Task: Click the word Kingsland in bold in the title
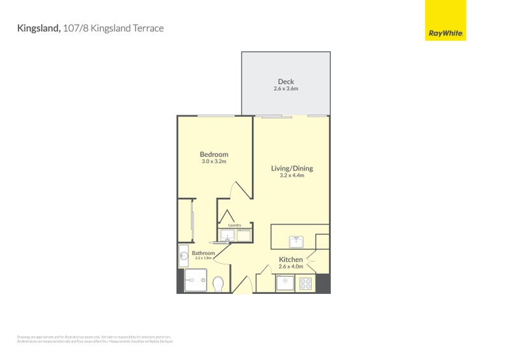[39, 28]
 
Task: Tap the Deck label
[286, 81]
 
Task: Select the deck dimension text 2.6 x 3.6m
[286, 88]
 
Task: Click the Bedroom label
[214, 155]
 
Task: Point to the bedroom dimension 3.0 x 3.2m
[214, 162]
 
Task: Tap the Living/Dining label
[292, 169]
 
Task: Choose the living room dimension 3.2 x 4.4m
[292, 176]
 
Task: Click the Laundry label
[234, 225]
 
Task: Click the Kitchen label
[291, 260]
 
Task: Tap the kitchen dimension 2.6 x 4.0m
[291, 267]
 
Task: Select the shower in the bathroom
[195, 280]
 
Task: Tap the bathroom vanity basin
[183, 256]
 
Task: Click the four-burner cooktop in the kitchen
[306, 283]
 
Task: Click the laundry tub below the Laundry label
[227, 236]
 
